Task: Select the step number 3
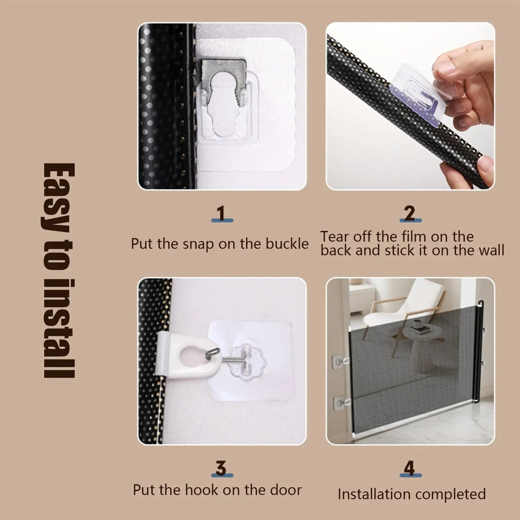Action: point(221,468)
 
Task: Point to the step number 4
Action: point(410,468)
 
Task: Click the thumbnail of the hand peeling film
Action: point(410,106)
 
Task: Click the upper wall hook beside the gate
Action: point(340,360)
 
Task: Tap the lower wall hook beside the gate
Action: point(340,402)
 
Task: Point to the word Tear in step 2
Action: point(335,237)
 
